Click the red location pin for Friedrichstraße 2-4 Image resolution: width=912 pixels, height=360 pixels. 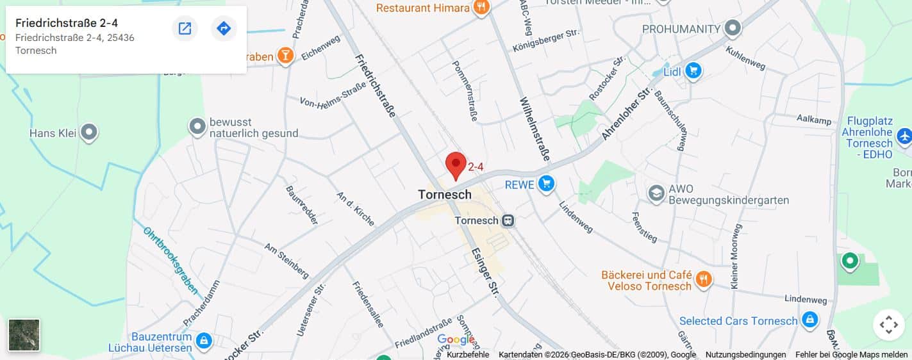[x=456, y=164]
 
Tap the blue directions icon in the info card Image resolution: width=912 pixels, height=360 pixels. [x=224, y=28]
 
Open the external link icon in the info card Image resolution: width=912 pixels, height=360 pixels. [x=185, y=28]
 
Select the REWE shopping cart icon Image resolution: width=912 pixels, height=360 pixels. [x=546, y=184]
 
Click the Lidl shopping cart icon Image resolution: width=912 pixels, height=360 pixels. [x=693, y=70]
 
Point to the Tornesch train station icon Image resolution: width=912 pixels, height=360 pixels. [x=508, y=220]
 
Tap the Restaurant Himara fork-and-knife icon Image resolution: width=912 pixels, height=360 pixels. [x=480, y=8]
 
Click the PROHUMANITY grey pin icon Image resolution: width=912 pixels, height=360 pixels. [x=733, y=29]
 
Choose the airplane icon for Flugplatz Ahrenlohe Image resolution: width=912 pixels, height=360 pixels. [x=904, y=136]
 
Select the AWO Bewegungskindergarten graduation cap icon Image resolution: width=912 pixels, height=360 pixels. [x=656, y=193]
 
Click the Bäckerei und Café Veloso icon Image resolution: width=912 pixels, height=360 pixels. [x=704, y=279]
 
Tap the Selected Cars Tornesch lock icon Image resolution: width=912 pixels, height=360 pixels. [x=809, y=320]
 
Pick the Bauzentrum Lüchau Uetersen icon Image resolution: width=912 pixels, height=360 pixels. [x=204, y=340]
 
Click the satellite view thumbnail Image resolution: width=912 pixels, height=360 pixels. [x=24, y=335]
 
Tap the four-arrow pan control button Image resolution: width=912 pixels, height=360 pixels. [x=888, y=325]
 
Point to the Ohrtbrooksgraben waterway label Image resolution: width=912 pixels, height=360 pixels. [x=170, y=260]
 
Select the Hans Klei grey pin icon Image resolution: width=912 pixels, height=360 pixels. [x=89, y=133]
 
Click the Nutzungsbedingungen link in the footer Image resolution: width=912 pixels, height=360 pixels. [x=745, y=355]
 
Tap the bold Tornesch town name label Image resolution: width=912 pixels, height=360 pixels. [x=444, y=194]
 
